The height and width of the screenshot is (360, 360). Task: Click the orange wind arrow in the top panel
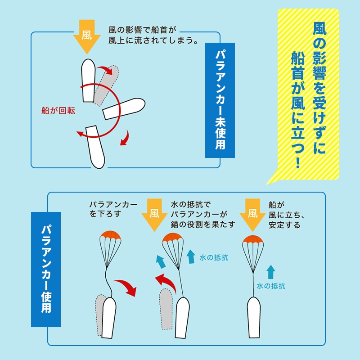[x=87, y=36]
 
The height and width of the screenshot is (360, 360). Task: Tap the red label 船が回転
[x=58, y=111]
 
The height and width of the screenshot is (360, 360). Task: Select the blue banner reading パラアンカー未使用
[x=220, y=100]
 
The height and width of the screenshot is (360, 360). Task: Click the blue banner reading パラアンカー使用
[x=46, y=269]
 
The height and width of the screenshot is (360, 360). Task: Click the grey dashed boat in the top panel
[x=106, y=85]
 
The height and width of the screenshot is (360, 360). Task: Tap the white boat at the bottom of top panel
[x=95, y=147]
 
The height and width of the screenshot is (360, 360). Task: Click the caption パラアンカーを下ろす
[x=113, y=209]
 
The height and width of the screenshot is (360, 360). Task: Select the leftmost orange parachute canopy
[x=110, y=235]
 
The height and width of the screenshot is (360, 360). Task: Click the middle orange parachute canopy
[x=173, y=238]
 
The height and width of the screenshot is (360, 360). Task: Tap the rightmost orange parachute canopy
[x=253, y=240]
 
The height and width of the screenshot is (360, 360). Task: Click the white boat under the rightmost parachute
[x=254, y=317]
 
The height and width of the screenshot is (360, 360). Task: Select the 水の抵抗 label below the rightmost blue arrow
[x=271, y=286]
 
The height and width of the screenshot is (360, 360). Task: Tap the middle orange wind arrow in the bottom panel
[x=154, y=215]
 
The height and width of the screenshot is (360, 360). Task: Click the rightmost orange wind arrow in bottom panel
[x=252, y=215]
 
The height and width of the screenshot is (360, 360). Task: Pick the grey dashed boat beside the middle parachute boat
[x=166, y=309]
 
